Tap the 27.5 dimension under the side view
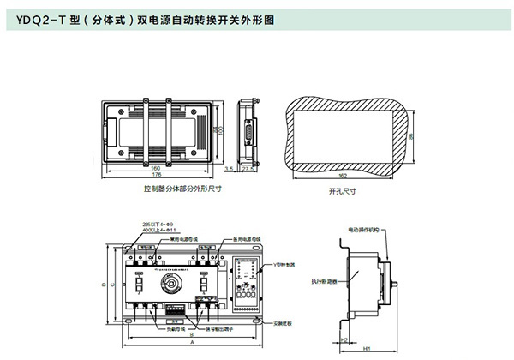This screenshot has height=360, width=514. [x=249, y=170]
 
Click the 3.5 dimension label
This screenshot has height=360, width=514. [x=229, y=170]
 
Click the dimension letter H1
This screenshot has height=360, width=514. [x=367, y=350]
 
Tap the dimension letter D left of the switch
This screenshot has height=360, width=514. [x=103, y=280]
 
